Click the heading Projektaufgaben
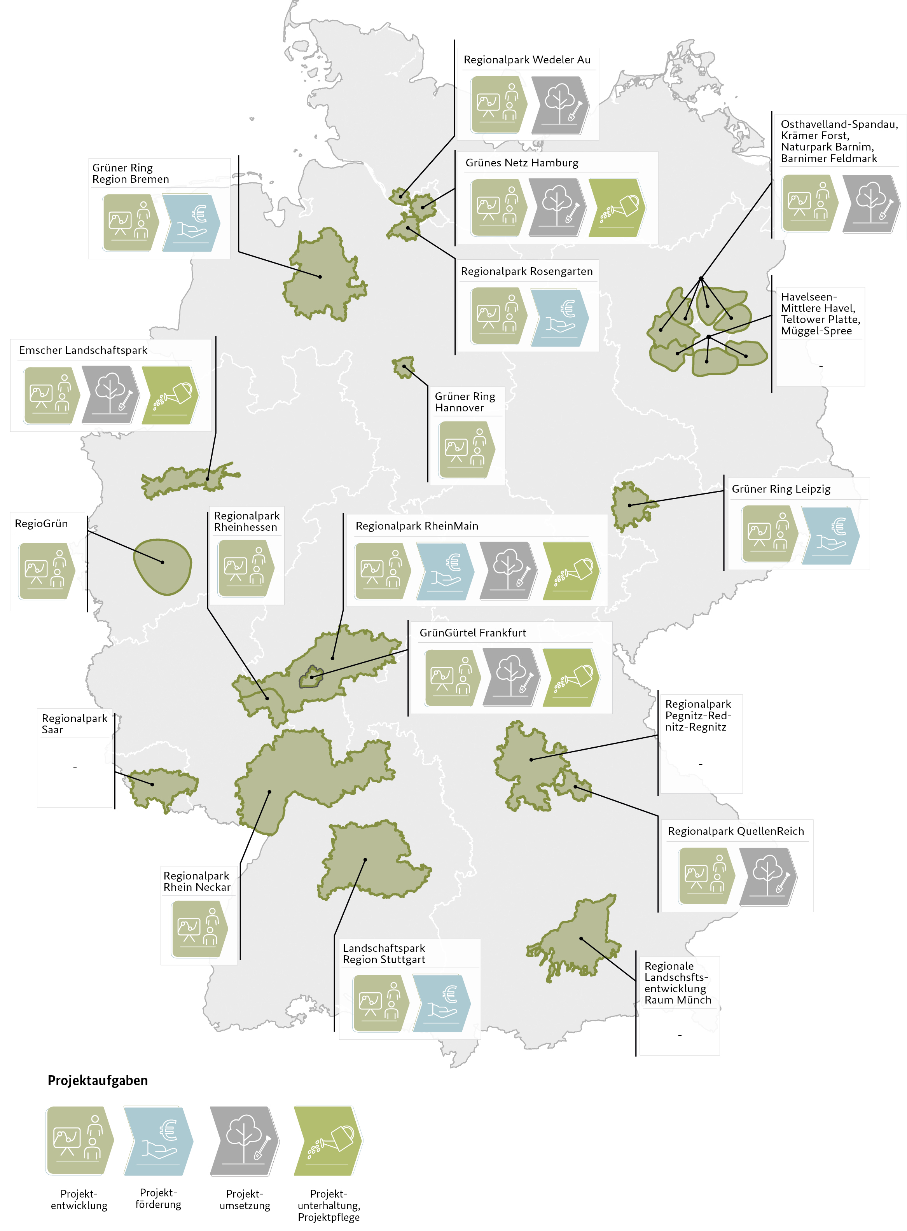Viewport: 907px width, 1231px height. click(98, 1080)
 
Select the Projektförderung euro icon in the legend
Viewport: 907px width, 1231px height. click(158, 1140)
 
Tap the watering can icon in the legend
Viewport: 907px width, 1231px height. click(328, 1140)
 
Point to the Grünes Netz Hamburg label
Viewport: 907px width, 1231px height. click(522, 163)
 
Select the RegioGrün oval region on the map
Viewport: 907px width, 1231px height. click(163, 567)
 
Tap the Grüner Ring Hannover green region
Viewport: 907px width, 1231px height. click(404, 367)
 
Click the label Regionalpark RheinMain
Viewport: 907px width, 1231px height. click(417, 526)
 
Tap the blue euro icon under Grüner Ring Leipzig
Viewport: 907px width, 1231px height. click(830, 535)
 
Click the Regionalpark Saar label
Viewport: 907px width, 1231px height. click(75, 724)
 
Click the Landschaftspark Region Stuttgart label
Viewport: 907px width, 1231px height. click(384, 954)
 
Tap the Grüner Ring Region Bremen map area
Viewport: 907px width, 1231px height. click(321, 275)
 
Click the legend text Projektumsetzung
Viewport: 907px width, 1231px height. click(245, 1200)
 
